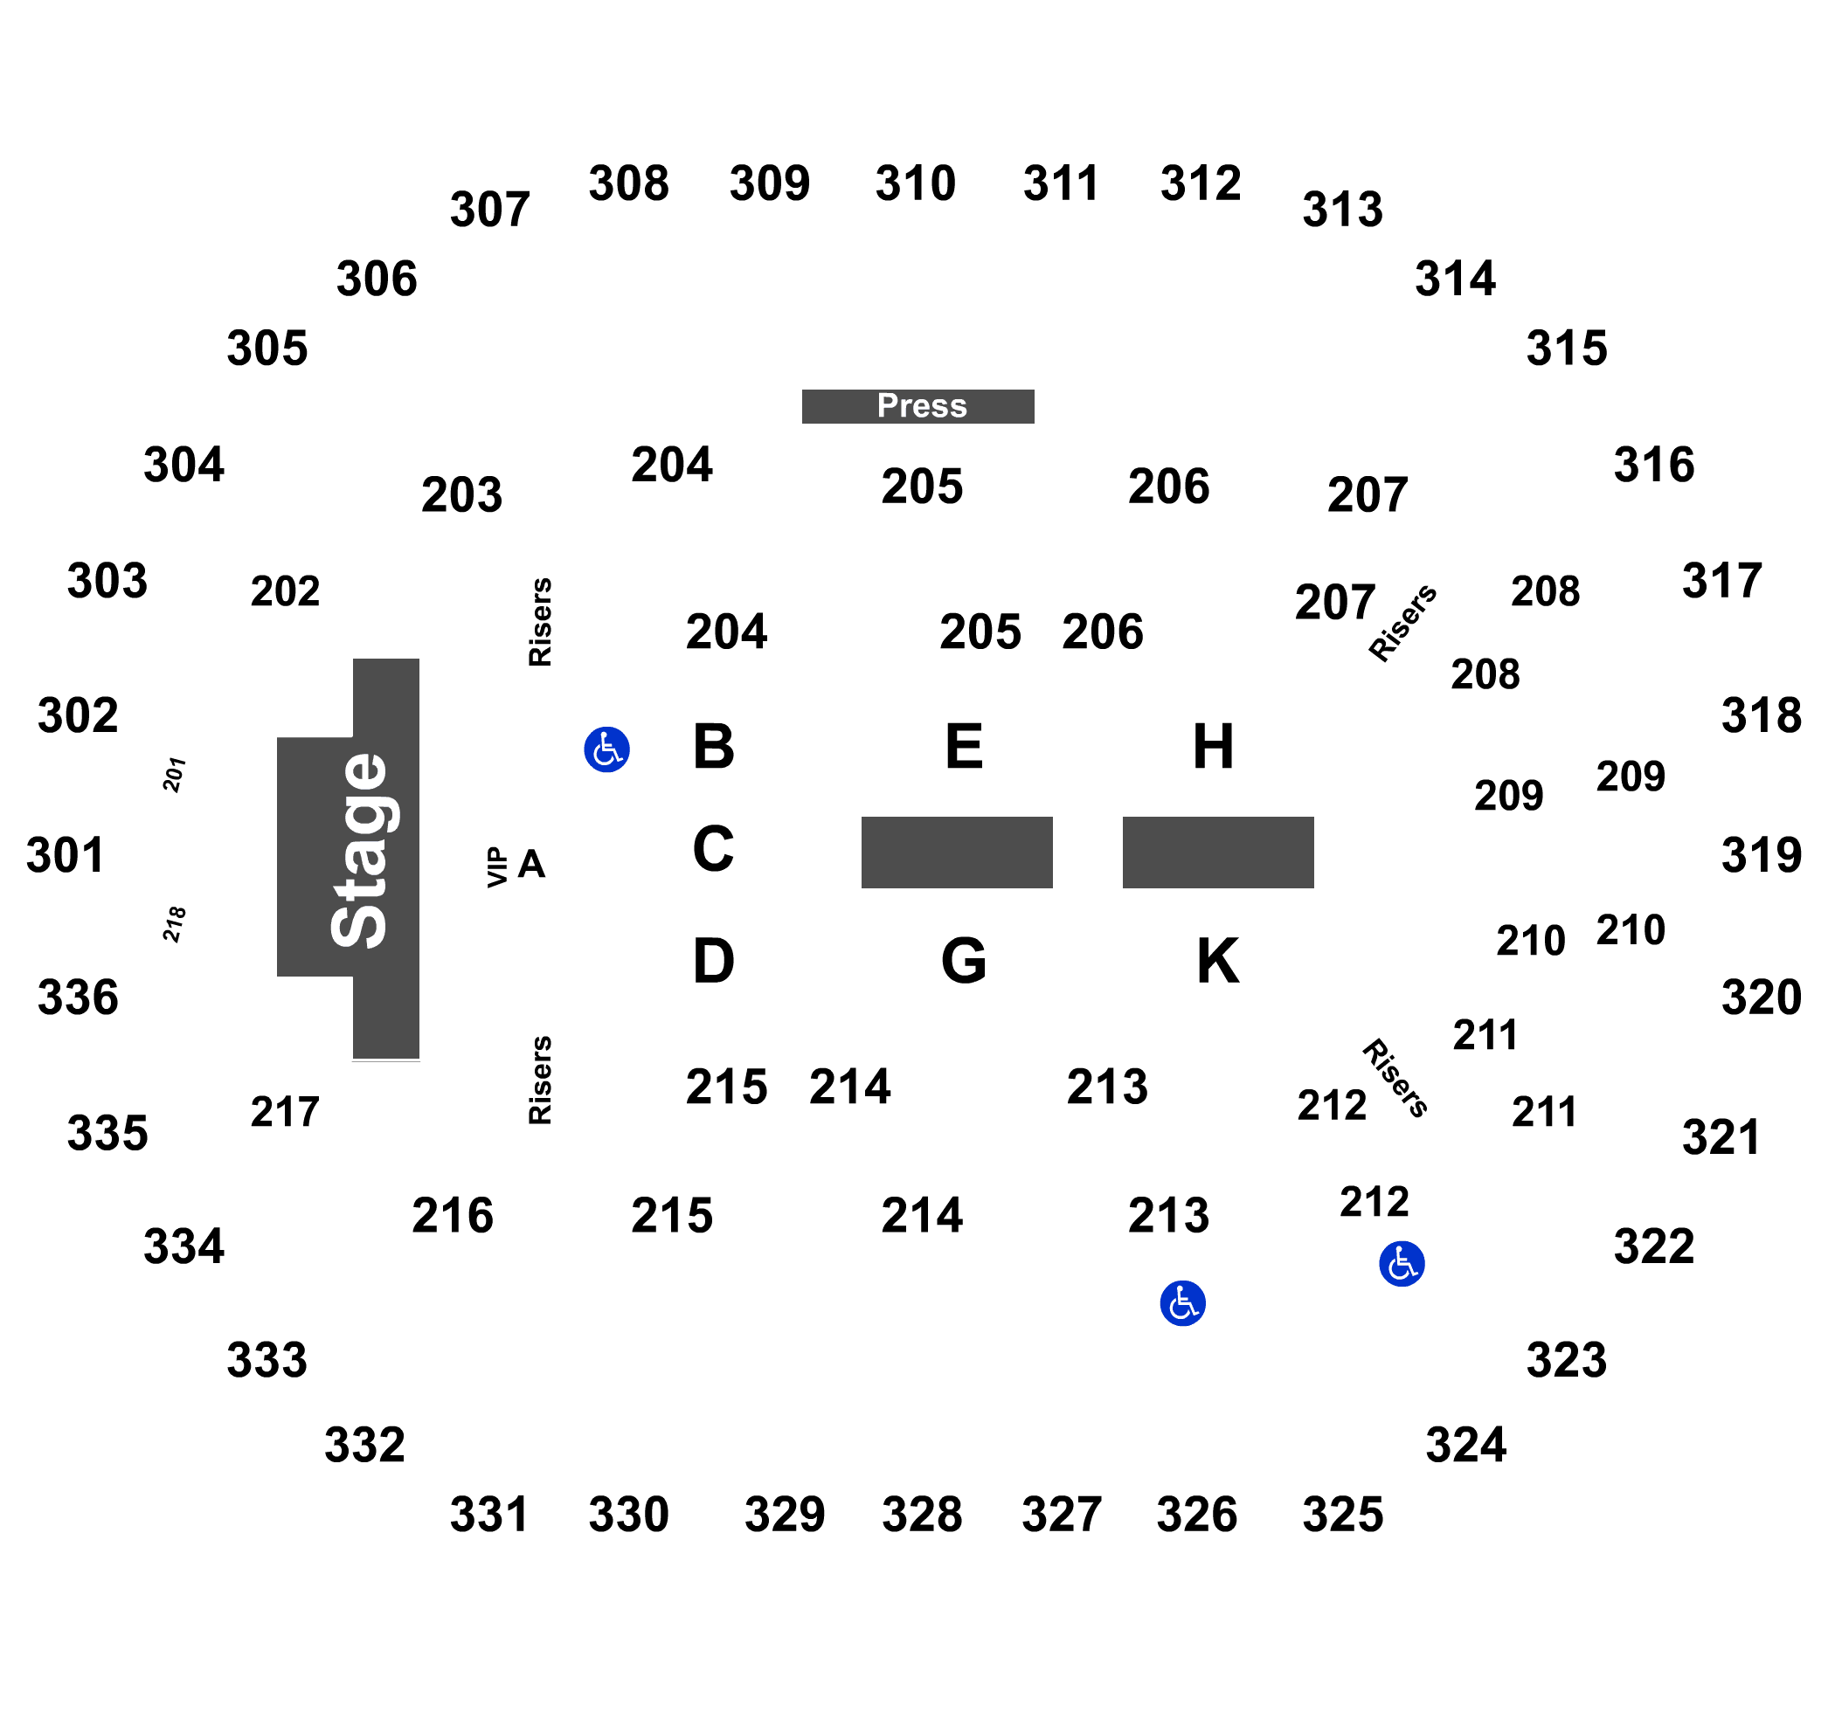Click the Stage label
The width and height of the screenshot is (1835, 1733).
point(359,852)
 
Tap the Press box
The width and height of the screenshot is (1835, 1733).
point(917,406)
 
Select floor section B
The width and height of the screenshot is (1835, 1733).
point(713,747)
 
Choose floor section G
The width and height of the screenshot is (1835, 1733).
point(964,961)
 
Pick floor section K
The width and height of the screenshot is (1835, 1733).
point(1218,961)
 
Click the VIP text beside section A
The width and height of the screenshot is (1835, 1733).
point(498,867)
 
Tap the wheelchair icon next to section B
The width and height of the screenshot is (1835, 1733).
point(607,749)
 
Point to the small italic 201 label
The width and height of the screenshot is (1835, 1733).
point(175,774)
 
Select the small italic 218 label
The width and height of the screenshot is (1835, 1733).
point(175,924)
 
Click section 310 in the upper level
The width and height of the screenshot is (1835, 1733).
point(916,183)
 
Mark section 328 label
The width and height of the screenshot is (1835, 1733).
point(922,1514)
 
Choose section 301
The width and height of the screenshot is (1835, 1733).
point(65,854)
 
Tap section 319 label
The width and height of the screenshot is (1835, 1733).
point(1761,854)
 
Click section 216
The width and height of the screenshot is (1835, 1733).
point(453,1215)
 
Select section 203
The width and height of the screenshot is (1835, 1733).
point(462,495)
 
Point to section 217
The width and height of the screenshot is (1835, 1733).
point(285,1111)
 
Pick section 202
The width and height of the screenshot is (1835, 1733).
point(285,591)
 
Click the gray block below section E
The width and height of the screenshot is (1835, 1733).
point(957,853)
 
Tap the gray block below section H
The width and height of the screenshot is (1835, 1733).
point(1218,853)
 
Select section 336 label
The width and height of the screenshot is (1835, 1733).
point(78,998)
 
